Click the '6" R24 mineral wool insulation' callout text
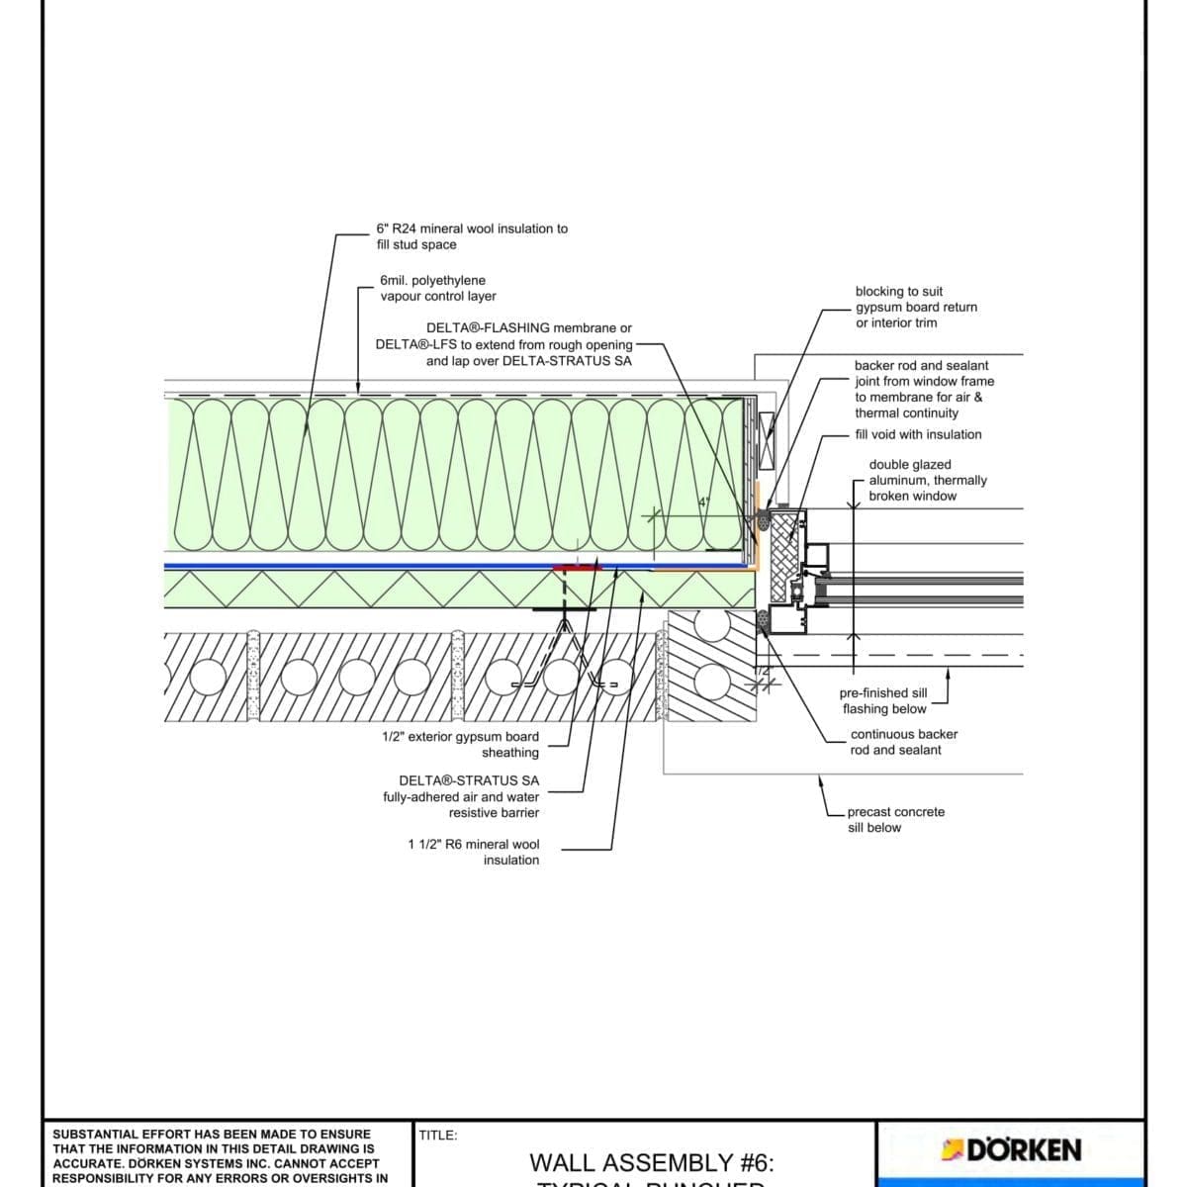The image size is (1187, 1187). pyautogui.click(x=472, y=236)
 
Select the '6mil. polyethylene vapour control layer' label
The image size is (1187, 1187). pyautogui.click(x=437, y=288)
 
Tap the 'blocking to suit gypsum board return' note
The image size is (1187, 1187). pyautogui.click(x=916, y=307)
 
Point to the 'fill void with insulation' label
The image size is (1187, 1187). pyautogui.click(x=918, y=434)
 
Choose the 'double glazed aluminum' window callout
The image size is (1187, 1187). pyautogui.click(x=927, y=480)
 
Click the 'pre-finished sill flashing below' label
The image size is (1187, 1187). pyautogui.click(x=883, y=700)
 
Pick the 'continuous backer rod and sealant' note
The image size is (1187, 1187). pyautogui.click(x=903, y=742)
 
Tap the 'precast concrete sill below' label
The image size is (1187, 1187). pyautogui.click(x=895, y=819)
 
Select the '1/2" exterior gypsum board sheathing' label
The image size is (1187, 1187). pyautogui.click(x=461, y=744)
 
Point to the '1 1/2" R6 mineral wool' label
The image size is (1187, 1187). pyautogui.click(x=474, y=852)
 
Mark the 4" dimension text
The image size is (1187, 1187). pyautogui.click(x=704, y=502)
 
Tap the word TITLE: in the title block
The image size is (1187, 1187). pyautogui.click(x=438, y=1136)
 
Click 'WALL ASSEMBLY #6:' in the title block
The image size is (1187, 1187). pyautogui.click(x=651, y=1162)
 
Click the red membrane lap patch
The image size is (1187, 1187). pyautogui.click(x=578, y=568)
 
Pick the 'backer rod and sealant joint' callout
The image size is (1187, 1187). pyautogui.click(x=923, y=389)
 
